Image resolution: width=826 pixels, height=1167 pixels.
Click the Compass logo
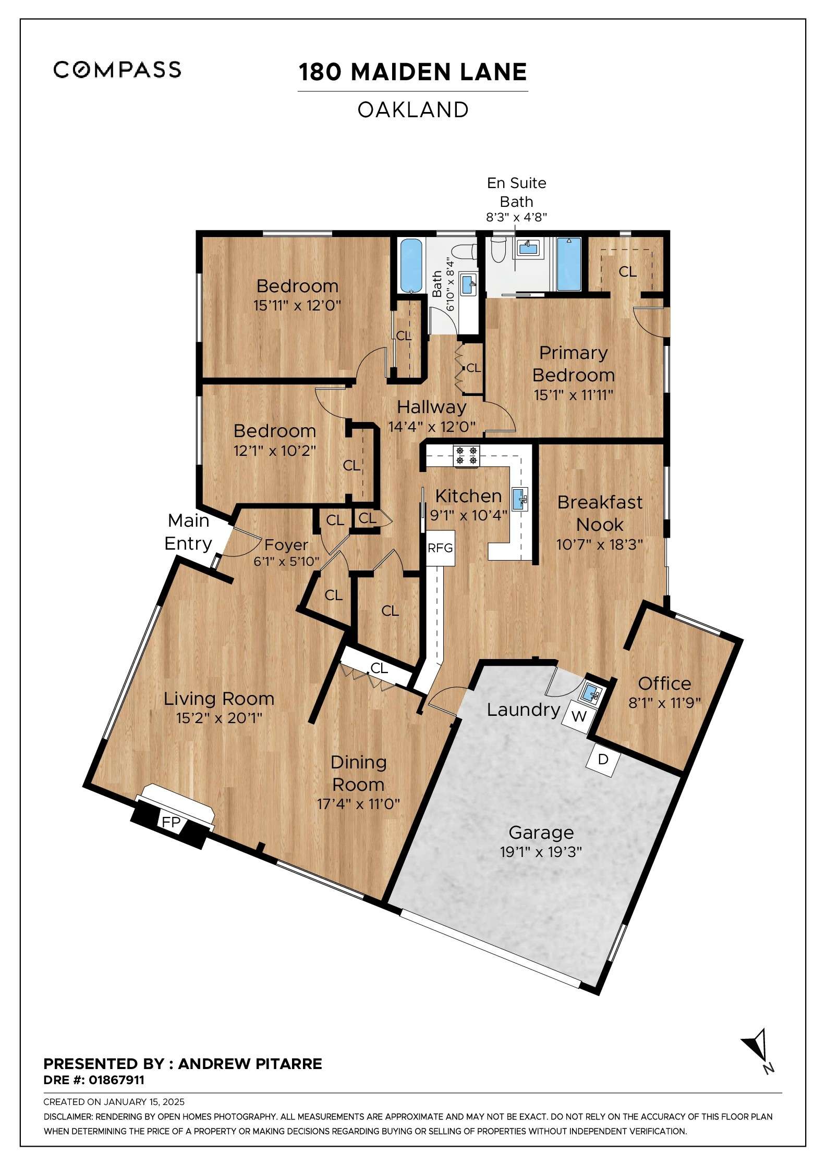(117, 69)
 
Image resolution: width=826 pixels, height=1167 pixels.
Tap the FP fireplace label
(171, 822)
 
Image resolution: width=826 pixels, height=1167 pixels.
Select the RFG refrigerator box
(440, 548)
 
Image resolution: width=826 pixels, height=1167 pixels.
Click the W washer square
(579, 716)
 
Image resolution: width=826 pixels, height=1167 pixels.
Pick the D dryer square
(603, 760)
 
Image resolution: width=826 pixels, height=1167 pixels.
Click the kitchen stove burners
(466, 455)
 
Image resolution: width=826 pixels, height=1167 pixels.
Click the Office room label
(664, 683)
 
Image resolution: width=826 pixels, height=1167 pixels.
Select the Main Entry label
(188, 532)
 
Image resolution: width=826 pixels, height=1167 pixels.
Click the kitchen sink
(520, 499)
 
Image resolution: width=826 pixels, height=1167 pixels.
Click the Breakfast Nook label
(600, 513)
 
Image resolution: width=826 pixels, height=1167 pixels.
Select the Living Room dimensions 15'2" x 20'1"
(219, 718)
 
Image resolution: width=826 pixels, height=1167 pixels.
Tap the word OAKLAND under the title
(413, 110)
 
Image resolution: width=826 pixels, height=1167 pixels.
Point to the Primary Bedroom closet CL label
(627, 271)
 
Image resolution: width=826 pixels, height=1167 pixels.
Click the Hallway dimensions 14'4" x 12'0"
(432, 427)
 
